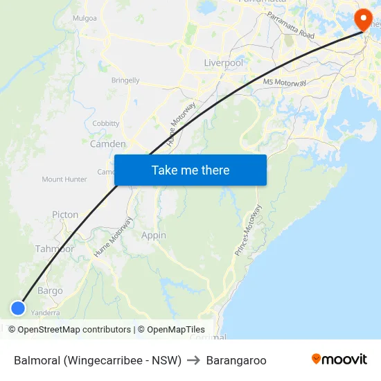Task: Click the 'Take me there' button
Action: [190, 170]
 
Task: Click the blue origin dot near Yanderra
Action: [18, 308]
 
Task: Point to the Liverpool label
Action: [223, 63]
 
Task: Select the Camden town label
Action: [108, 144]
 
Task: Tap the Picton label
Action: [65, 215]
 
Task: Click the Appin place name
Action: [154, 236]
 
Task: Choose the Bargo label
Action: [50, 291]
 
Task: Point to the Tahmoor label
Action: [55, 249]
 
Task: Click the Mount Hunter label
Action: [64, 179]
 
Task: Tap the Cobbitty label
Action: [106, 123]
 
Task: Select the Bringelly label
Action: [125, 80]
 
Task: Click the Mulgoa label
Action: [85, 18]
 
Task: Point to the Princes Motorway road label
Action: [248, 231]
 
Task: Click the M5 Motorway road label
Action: [285, 82]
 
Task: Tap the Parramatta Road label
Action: [291, 26]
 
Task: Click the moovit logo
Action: [339, 360]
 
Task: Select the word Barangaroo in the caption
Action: [236, 360]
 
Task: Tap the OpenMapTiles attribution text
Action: [171, 330]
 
